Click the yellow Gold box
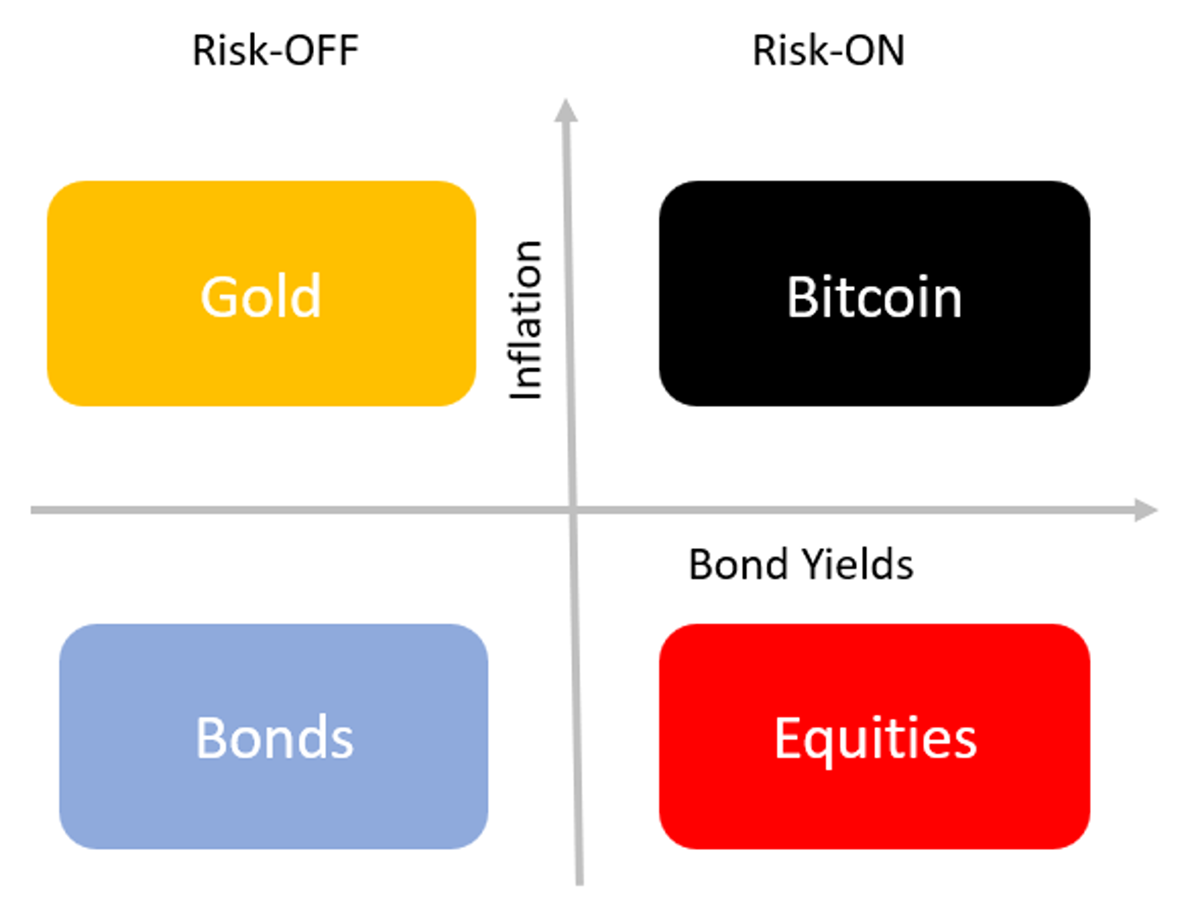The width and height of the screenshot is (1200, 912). (261, 293)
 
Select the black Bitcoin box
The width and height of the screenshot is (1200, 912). (874, 293)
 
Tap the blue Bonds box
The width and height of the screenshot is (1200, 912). (273, 736)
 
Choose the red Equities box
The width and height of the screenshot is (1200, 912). (874, 736)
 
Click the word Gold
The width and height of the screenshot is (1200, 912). (261, 296)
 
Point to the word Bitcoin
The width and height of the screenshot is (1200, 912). (874, 296)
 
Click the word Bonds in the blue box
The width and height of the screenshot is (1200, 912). (274, 737)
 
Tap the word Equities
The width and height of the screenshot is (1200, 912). (875, 741)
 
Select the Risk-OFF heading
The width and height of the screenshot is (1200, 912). (276, 50)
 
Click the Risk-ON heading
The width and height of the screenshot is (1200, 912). (828, 50)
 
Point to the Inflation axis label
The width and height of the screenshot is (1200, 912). (525, 320)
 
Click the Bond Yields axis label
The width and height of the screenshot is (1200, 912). (801, 564)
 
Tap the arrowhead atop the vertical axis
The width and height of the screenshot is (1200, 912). (566, 109)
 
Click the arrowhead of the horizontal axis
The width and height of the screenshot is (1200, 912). (1146, 510)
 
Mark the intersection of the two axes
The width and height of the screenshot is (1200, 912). (572, 510)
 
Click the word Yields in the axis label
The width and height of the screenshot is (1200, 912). (858, 564)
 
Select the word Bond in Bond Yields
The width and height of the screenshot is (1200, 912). (739, 564)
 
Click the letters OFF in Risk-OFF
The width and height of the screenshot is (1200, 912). (323, 50)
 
